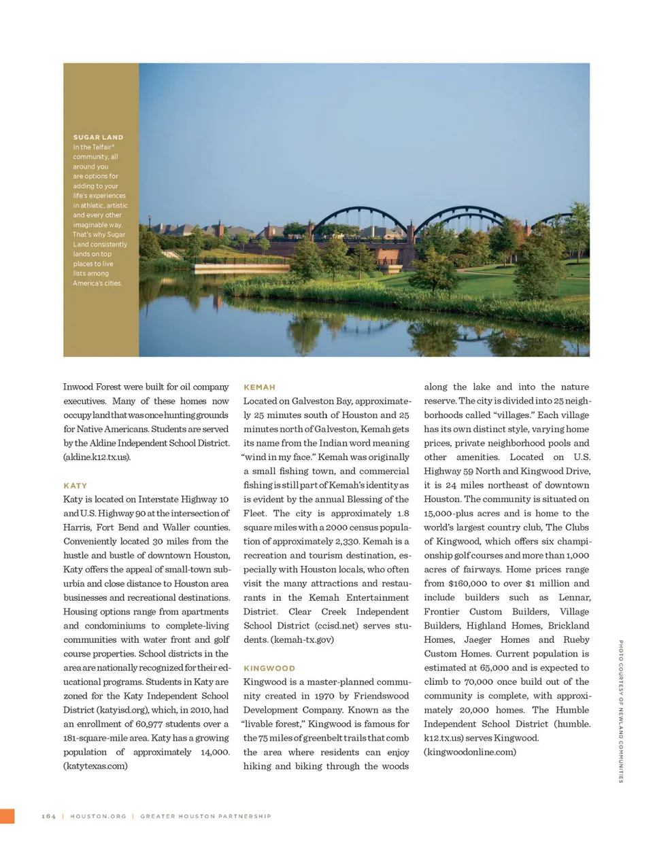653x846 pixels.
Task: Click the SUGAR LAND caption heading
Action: point(98,137)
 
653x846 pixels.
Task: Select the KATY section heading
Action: point(76,486)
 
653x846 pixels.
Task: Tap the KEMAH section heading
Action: point(259,387)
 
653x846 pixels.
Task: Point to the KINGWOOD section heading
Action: point(269,669)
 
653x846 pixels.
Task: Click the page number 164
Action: point(48,816)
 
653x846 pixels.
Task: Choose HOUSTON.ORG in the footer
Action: point(98,816)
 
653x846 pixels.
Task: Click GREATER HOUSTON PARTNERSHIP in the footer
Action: point(205,816)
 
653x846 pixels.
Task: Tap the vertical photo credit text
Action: point(620,711)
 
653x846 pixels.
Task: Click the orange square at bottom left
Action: point(7,816)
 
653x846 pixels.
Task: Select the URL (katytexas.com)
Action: point(95,766)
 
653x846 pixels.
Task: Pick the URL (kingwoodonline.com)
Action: point(470,752)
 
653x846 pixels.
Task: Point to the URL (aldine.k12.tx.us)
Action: point(97,457)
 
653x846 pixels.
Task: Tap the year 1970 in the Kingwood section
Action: point(322,697)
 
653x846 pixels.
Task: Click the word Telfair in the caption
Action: point(102,147)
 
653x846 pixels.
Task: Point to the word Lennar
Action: point(575,598)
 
